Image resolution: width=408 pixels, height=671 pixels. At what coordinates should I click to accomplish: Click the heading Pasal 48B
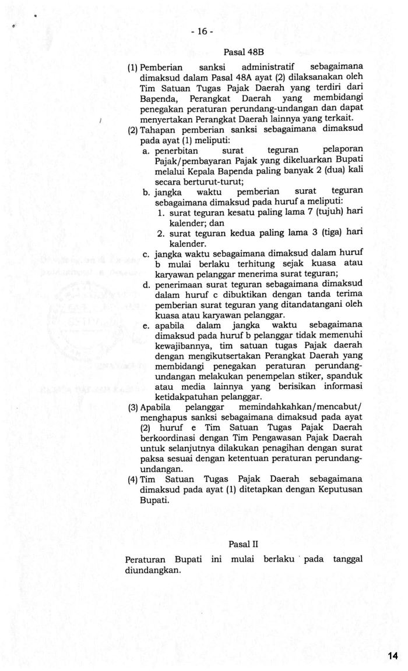tap(240, 52)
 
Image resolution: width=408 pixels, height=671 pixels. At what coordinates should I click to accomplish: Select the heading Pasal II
tap(243, 545)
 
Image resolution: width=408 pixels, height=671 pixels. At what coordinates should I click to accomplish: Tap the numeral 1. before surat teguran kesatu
tap(162, 212)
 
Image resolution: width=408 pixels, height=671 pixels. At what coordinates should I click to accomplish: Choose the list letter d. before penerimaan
tap(146, 285)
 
